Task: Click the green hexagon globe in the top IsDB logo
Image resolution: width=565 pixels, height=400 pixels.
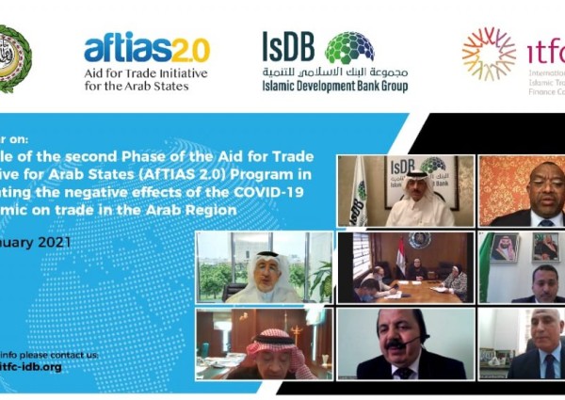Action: point(348,47)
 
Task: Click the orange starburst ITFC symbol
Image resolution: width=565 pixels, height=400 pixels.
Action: point(489,53)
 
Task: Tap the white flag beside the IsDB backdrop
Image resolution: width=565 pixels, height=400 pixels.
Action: point(358,193)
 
